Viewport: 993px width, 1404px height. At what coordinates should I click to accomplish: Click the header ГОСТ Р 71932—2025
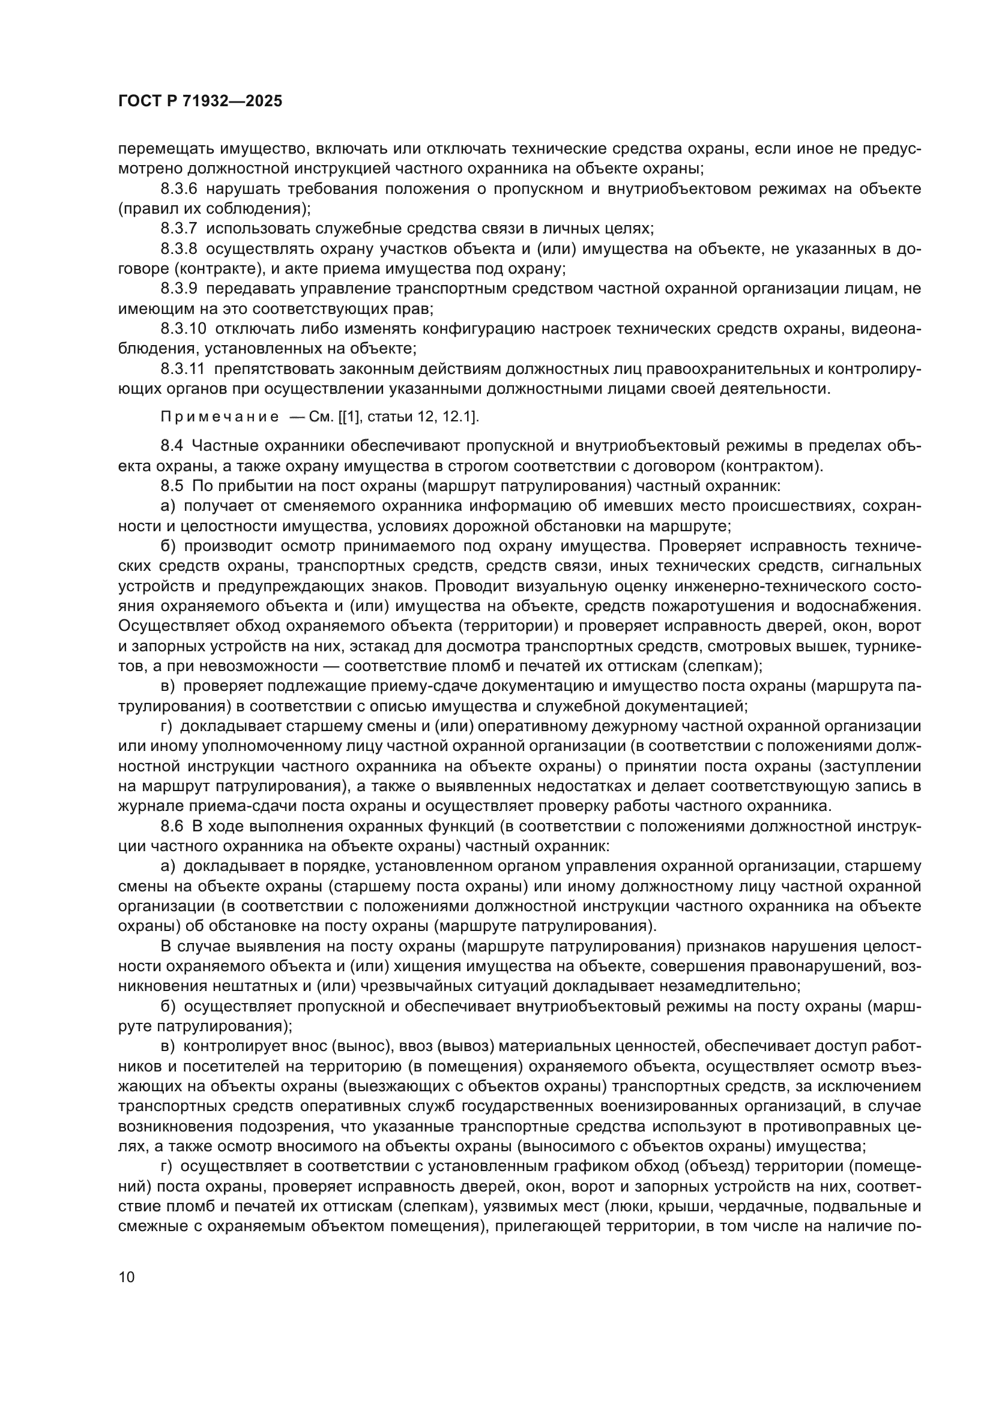[200, 101]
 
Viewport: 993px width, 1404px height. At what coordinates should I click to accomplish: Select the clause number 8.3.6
[178, 189]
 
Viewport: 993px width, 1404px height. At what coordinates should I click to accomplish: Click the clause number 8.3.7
[178, 229]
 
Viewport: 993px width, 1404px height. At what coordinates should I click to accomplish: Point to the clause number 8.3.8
[178, 249]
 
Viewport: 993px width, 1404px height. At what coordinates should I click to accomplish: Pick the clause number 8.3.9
[178, 289]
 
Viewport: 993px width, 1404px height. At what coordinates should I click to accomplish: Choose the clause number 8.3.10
[184, 328]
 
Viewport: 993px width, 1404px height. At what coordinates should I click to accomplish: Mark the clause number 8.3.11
[183, 369]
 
